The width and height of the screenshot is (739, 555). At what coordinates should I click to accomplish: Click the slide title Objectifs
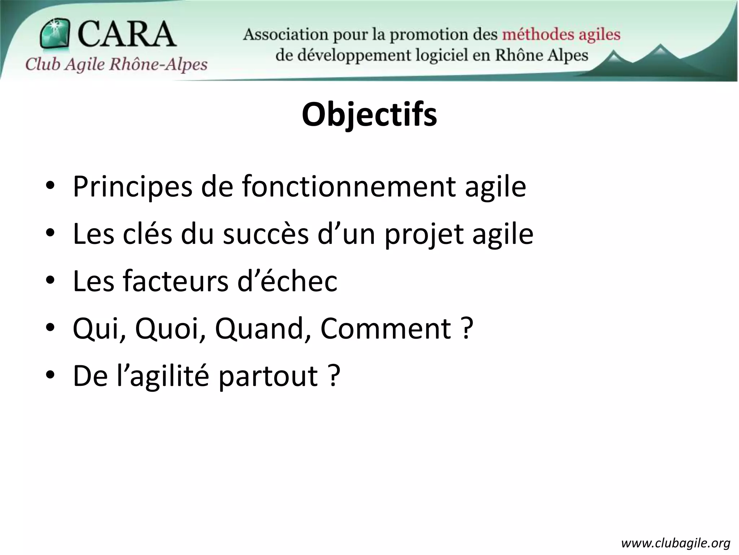point(369,115)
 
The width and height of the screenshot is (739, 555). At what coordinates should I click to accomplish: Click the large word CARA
point(126,34)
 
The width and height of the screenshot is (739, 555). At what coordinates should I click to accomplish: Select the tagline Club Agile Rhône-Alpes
point(116,64)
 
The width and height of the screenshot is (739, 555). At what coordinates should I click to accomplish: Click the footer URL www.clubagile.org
point(676,543)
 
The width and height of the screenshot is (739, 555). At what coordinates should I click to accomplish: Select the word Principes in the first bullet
point(132,187)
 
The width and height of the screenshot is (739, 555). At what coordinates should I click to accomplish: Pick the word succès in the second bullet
point(266,234)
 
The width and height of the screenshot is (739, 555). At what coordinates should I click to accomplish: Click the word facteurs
point(176,281)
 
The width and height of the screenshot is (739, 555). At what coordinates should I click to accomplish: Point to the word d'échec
point(287,281)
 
